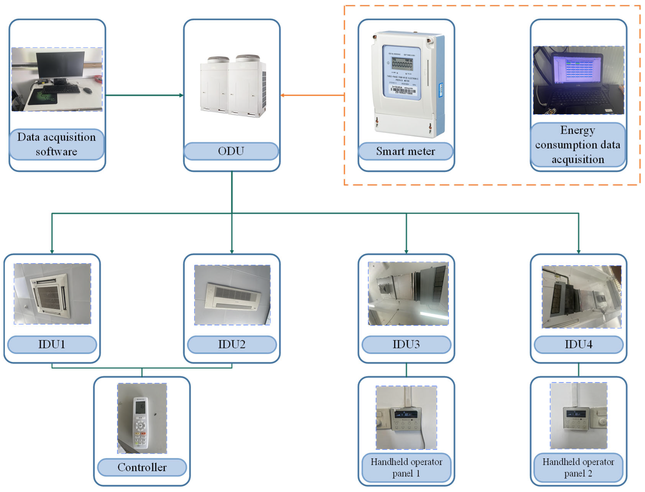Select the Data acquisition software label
pyautogui.click(x=57, y=144)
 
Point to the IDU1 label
pyautogui.click(x=52, y=344)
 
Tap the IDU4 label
pyautogui.click(x=578, y=344)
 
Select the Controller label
pyautogui.click(x=142, y=467)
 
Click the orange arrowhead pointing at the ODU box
pyautogui.click(x=283, y=95)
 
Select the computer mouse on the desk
pyautogui.click(x=88, y=90)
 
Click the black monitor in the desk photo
pyautogui.click(x=60, y=64)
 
